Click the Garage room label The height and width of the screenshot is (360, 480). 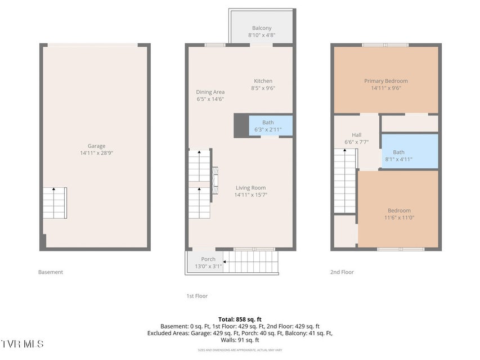pos(96,146)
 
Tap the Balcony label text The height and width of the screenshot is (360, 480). pos(262,28)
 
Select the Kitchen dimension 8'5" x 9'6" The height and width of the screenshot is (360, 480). pos(263,88)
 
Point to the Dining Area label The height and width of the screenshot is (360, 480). pos(210,92)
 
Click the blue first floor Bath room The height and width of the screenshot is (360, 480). pos(271,125)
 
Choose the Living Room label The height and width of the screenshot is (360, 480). pos(251,188)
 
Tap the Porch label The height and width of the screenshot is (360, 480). pos(208,259)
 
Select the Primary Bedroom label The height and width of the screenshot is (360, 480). pos(386,81)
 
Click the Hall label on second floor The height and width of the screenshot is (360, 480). pos(357,134)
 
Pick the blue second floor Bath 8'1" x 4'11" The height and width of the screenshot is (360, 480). pos(410,151)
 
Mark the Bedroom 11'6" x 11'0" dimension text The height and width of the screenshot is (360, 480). pos(399,218)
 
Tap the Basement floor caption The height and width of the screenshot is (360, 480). pos(51,272)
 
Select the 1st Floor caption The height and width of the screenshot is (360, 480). pos(197,296)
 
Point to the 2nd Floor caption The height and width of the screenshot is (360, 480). pos(342,272)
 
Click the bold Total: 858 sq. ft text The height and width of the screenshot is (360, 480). pos(240,319)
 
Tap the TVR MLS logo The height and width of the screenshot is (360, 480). pos(22,344)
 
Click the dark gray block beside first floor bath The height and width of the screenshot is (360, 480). pos(241,125)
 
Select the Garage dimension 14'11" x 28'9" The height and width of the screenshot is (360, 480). pos(96,153)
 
